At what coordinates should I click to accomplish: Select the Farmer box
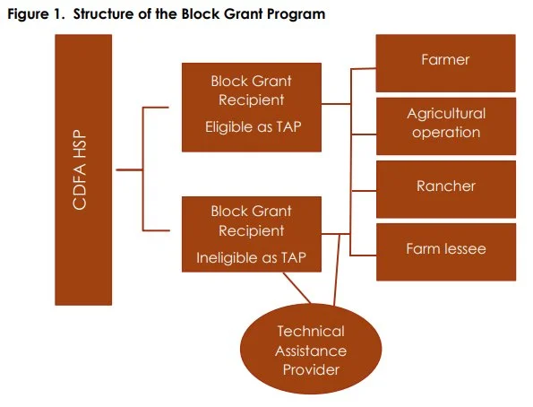[445, 61]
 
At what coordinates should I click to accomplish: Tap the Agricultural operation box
[445, 124]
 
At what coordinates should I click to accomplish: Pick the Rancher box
[445, 186]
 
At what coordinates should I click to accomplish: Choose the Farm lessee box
[445, 249]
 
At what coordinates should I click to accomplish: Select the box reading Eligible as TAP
[251, 108]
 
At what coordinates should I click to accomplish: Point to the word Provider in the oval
[310, 368]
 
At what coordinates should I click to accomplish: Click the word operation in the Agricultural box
[445, 133]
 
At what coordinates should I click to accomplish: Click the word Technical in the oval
[310, 332]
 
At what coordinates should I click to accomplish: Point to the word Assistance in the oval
[310, 350]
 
